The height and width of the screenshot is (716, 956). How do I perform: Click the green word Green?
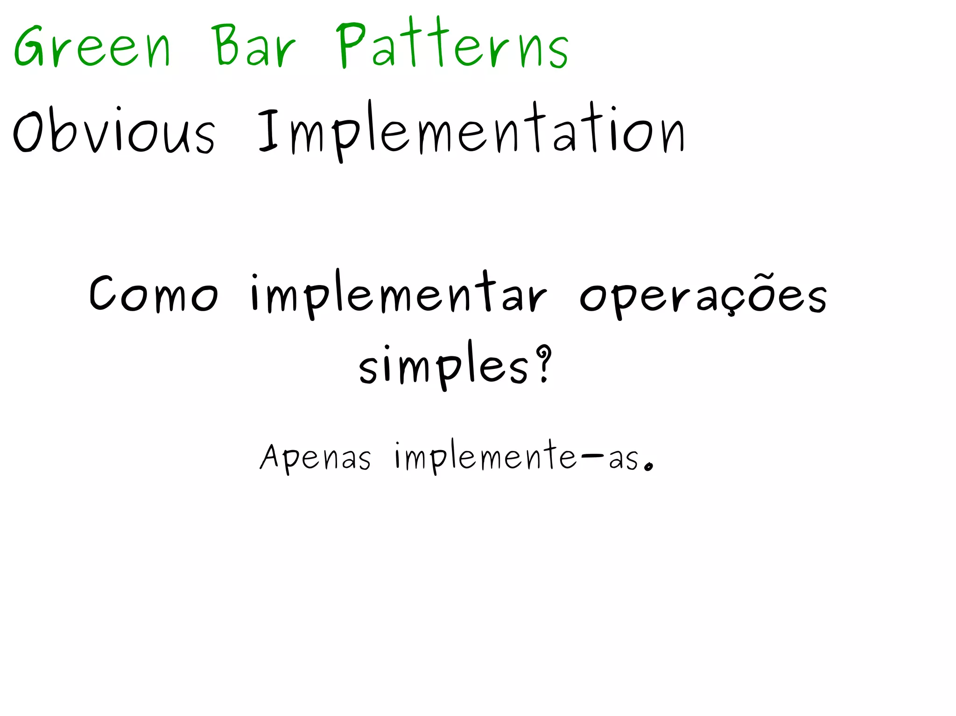pos(92,47)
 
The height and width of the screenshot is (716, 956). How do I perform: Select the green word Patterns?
pos(452,45)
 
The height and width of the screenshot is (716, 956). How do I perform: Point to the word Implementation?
pos(471,131)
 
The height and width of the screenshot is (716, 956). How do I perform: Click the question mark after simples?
pos(543,364)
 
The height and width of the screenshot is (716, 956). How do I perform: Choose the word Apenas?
pos(316,457)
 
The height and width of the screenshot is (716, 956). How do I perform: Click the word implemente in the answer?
pos(485,457)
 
